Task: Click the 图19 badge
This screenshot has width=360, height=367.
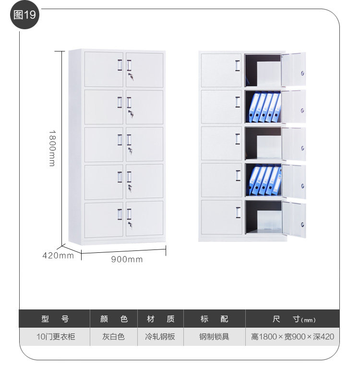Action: coord(24,14)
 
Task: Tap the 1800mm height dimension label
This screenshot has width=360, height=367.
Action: coord(52,148)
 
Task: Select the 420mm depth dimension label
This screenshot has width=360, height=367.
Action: coord(58,255)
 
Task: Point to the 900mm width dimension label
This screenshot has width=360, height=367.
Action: coord(127,260)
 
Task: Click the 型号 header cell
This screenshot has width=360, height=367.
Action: coord(55,319)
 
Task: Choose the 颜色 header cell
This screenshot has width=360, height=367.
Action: coord(113,319)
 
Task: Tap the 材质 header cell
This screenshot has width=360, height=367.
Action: coord(160,319)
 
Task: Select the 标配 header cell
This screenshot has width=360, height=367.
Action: coord(214,319)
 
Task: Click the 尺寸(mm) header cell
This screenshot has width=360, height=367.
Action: coord(292,319)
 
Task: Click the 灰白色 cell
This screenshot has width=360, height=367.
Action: coord(113,337)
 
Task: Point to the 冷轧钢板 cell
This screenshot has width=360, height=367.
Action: coord(160,337)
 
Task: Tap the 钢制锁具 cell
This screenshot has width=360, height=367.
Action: coord(214,337)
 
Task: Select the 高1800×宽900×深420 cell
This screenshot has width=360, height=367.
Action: coord(292,337)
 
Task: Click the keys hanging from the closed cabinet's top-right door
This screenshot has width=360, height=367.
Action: coord(131,77)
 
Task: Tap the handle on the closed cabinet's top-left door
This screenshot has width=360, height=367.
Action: coord(120,65)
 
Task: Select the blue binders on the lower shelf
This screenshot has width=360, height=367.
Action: coord(264,180)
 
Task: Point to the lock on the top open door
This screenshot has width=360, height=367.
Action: coord(302,73)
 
